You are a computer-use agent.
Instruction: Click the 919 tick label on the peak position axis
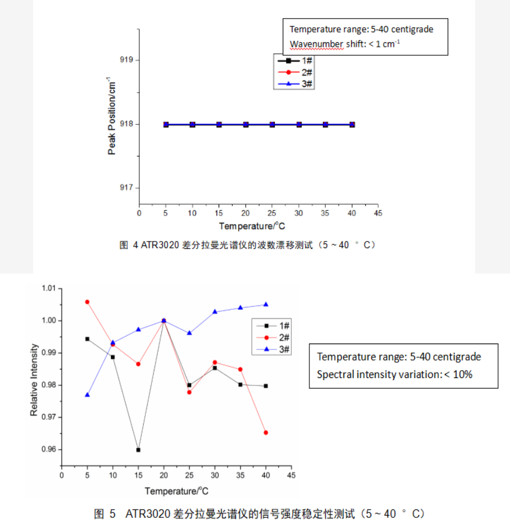(126, 60)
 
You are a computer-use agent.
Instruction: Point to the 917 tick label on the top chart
(126, 188)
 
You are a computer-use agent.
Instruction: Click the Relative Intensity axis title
(34, 380)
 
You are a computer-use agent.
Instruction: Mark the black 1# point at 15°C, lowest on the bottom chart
(138, 450)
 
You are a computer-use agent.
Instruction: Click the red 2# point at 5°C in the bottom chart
(87, 302)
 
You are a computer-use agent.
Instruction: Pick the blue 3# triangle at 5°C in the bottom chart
(87, 395)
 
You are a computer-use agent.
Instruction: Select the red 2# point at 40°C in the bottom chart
(265, 432)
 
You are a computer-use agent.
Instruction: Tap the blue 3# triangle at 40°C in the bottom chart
(265, 305)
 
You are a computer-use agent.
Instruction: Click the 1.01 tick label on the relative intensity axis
(50, 288)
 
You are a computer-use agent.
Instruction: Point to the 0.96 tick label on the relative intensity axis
(50, 450)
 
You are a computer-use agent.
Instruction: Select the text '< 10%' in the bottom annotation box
(459, 374)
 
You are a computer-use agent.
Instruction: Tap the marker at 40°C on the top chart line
(352, 124)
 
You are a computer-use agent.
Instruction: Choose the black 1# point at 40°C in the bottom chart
(265, 386)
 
